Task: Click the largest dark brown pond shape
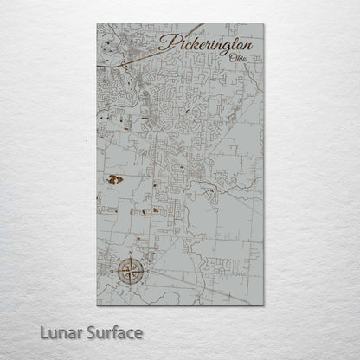pos(113,180)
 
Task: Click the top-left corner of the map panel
pos(97,24)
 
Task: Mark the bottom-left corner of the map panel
pos(97,305)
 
